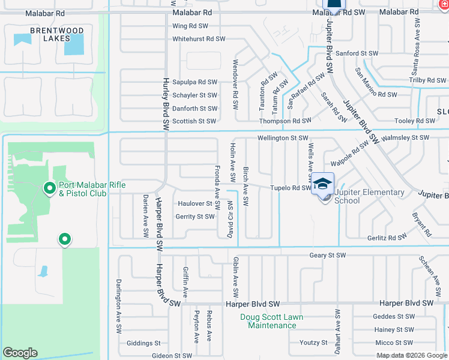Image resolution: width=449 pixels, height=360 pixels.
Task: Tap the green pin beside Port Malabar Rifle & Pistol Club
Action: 49,189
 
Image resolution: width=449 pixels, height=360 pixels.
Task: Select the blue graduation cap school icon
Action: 322,184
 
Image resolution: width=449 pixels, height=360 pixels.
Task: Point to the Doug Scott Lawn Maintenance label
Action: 272,321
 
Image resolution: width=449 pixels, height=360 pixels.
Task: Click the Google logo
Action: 20,353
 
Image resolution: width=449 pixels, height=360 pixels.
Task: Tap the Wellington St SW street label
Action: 282,138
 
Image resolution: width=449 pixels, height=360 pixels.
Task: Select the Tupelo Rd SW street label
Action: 289,188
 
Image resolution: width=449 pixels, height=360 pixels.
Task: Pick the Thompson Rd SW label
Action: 284,121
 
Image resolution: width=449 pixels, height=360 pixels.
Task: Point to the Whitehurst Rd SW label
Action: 198,39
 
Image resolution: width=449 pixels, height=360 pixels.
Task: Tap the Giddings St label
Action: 143,344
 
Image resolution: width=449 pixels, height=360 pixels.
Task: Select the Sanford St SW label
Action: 357,53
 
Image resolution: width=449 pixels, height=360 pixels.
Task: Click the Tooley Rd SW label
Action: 414,121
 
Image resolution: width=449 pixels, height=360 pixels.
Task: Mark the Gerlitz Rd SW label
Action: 387,238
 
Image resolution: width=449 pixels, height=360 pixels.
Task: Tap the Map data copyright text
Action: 411,355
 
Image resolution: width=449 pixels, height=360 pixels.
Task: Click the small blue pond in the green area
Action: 43,271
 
